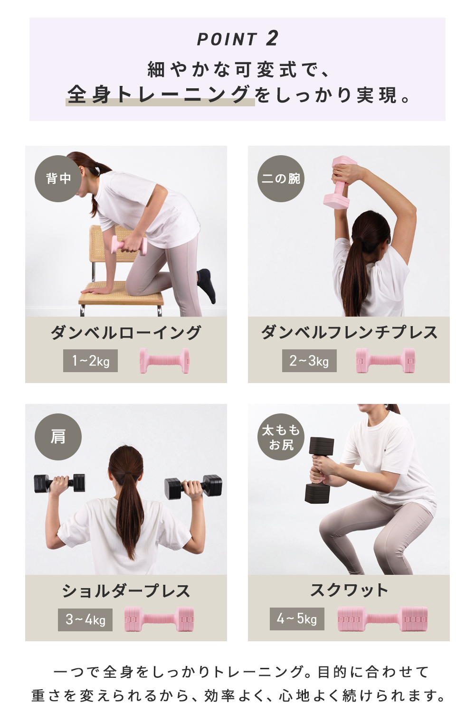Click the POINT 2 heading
[x=237, y=39]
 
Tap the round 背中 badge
[x=58, y=178]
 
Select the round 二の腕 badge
[x=281, y=178]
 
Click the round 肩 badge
[x=58, y=437]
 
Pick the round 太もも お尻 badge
[x=281, y=437]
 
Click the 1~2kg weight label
[x=90, y=361]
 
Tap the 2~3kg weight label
[x=309, y=361]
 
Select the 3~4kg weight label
[x=85, y=619]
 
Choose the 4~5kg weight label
[x=297, y=618]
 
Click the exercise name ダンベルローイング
[x=126, y=333]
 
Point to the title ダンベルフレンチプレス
[x=349, y=333]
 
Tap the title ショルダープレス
[x=126, y=591]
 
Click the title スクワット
[x=349, y=590]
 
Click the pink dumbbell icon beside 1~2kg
[x=164, y=361]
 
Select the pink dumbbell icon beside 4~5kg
[x=382, y=619]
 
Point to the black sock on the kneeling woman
[x=208, y=284]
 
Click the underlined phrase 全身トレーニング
[x=159, y=94]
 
